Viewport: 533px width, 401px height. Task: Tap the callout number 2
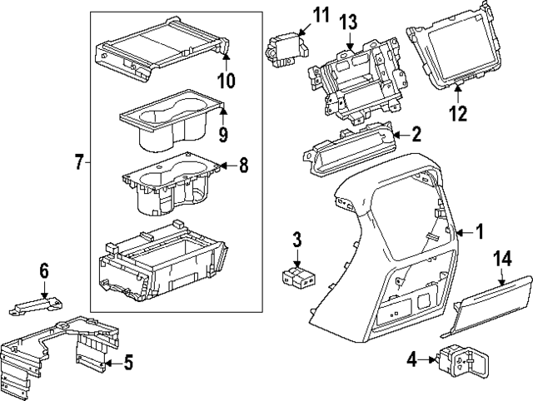[416, 133]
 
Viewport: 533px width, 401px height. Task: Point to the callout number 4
[411, 359]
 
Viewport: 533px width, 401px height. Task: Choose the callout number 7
[79, 162]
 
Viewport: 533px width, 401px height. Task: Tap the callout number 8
[243, 166]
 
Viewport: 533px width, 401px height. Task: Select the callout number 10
[226, 80]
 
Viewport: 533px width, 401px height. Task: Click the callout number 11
[298, 14]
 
